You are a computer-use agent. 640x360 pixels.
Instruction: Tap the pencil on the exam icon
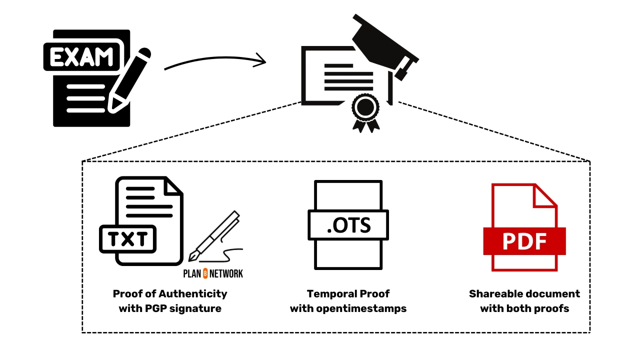pos(129,80)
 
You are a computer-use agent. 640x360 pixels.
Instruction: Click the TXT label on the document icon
pos(128,239)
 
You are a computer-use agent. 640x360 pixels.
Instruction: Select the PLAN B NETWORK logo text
pos(213,273)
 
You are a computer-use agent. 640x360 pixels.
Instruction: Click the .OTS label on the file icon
pos(348,225)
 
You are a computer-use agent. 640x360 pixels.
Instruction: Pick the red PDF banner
pos(524,241)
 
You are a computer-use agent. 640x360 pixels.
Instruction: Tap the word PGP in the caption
pos(154,308)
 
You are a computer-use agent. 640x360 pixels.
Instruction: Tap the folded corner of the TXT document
pos(173,187)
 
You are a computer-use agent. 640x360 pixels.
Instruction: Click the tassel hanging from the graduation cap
pos(401,70)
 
